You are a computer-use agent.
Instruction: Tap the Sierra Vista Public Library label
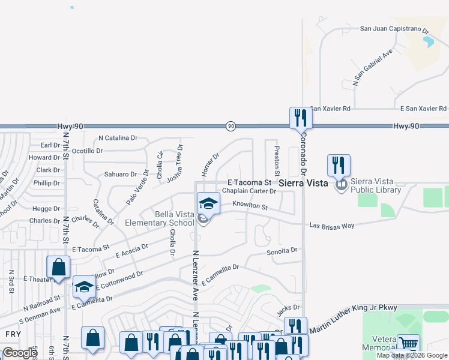pyautogui.click(x=376, y=186)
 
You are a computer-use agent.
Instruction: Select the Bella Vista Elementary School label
pyautogui.click(x=159, y=218)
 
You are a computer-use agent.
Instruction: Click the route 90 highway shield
pyautogui.click(x=231, y=126)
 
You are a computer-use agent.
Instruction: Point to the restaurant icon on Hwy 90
pyautogui.click(x=301, y=118)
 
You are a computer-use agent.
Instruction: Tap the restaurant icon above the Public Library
pyautogui.click(x=339, y=165)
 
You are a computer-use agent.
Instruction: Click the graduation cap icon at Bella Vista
pyautogui.click(x=208, y=203)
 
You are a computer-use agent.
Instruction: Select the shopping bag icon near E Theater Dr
pyautogui.click(x=59, y=267)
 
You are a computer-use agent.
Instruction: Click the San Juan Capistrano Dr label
pyautogui.click(x=394, y=28)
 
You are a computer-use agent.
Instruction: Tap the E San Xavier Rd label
pyautogui.click(x=424, y=109)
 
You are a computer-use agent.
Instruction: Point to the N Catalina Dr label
pyautogui.click(x=118, y=138)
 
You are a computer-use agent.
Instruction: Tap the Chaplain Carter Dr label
pyautogui.click(x=249, y=191)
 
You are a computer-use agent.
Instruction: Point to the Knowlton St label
pyautogui.click(x=250, y=205)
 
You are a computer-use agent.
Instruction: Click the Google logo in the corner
pyautogui.click(x=20, y=353)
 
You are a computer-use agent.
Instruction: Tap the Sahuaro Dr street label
pyautogui.click(x=121, y=174)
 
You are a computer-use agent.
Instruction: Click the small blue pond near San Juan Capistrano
pyautogui.click(x=428, y=42)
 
